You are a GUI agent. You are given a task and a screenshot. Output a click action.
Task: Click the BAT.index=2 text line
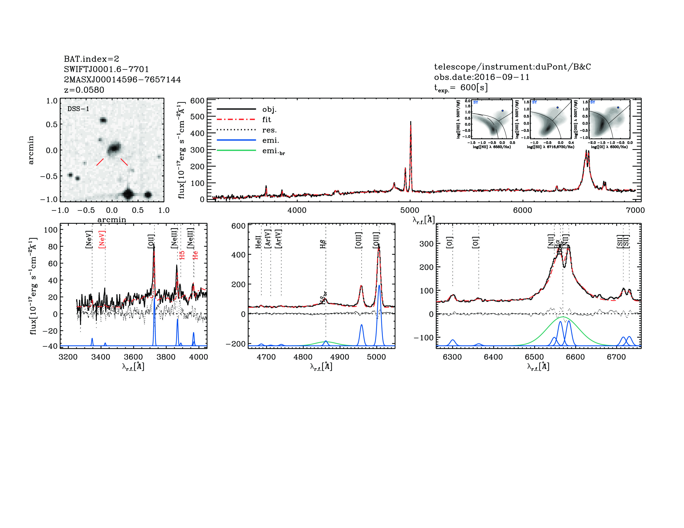pyautogui.click(x=91, y=59)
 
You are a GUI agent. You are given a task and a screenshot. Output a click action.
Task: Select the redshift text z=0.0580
pyautogui.click(x=84, y=90)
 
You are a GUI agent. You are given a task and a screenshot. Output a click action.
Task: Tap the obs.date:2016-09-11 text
pyautogui.click(x=481, y=77)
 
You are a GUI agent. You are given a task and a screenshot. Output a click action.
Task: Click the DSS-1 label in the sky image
pyautogui.click(x=78, y=109)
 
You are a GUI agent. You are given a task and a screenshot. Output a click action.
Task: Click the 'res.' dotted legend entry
pyautogui.click(x=269, y=130)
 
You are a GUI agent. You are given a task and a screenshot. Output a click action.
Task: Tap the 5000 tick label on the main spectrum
pyautogui.click(x=410, y=210)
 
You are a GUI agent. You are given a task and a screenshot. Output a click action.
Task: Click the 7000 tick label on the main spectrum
pyautogui.click(x=635, y=210)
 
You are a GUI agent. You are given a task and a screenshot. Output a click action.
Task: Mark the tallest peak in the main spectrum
pyautogui.click(x=411, y=122)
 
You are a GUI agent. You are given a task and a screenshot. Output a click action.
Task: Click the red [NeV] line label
pyautogui.click(x=102, y=240)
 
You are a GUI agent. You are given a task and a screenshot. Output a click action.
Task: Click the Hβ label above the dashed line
pyautogui.click(x=323, y=244)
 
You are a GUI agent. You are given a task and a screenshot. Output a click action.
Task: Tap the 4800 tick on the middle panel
pyautogui.click(x=303, y=357)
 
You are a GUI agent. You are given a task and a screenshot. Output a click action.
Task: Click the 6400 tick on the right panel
pyautogui.click(x=493, y=357)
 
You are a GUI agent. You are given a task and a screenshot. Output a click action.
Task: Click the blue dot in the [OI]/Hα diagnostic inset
pyautogui.click(x=618, y=108)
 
